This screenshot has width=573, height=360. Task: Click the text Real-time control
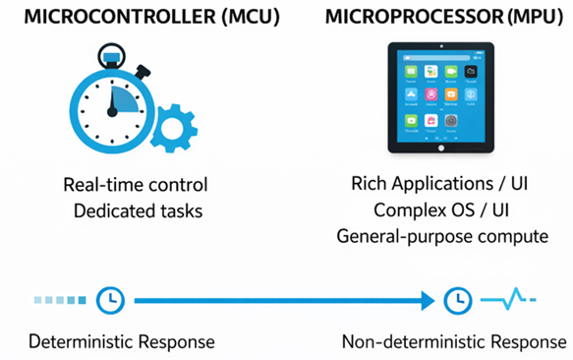click(135, 185)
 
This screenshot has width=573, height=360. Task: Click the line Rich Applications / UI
click(436, 185)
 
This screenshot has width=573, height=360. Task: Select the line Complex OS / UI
click(436, 210)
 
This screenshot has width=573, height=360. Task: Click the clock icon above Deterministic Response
click(111, 298)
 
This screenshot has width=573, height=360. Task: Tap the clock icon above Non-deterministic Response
click(457, 298)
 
